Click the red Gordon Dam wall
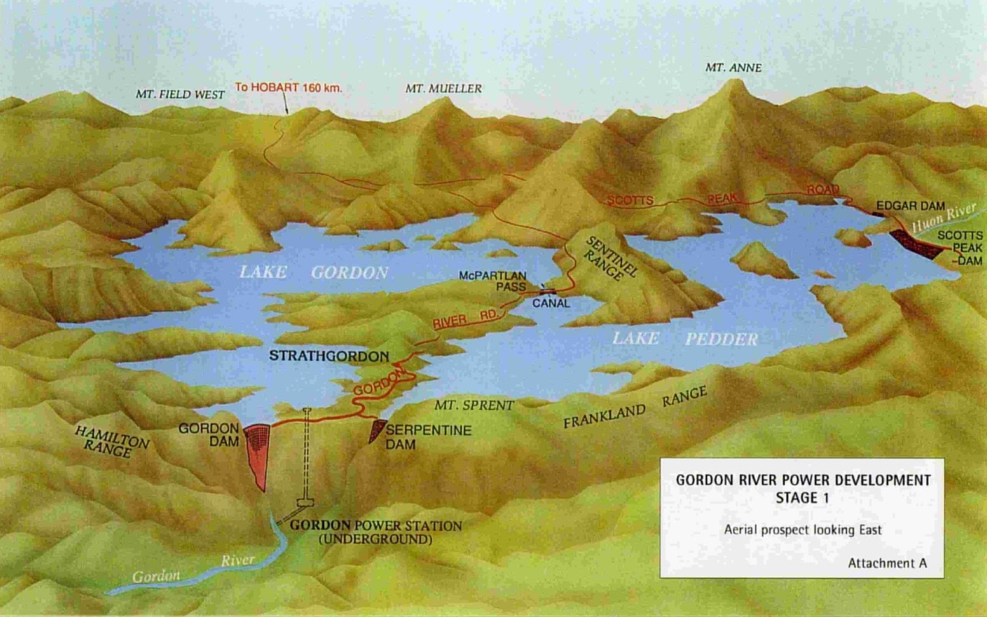pyautogui.click(x=259, y=449)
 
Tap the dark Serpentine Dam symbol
pyautogui.click(x=376, y=430)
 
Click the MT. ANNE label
pyautogui.click(x=733, y=68)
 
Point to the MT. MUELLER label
pyautogui.click(x=443, y=88)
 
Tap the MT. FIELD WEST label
pyautogui.click(x=180, y=93)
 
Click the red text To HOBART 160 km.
pyautogui.click(x=289, y=88)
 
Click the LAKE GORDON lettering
pyautogui.click(x=314, y=273)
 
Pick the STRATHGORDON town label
pyautogui.click(x=329, y=356)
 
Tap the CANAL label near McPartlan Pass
pyautogui.click(x=552, y=303)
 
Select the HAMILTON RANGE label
pyautogui.click(x=111, y=440)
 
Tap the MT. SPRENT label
pyautogui.click(x=474, y=406)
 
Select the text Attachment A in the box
pyautogui.click(x=886, y=563)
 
